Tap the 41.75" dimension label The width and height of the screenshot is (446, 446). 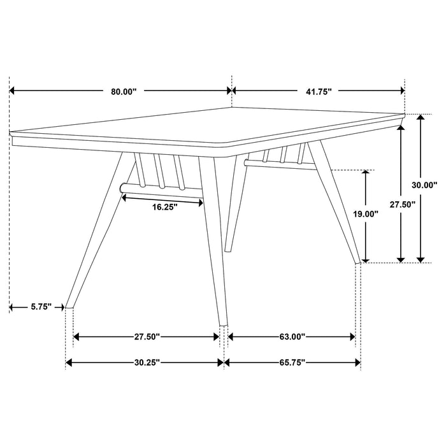[319, 92]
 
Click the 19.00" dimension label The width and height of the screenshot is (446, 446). [366, 215]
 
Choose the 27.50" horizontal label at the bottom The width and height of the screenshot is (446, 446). [147, 336]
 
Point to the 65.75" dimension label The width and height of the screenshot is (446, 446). [292, 363]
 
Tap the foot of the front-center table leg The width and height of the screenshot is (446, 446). [222, 324]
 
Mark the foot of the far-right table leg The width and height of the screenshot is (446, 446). [358, 261]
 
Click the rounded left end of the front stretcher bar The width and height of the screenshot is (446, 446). [121, 187]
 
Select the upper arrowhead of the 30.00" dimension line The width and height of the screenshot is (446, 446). [421, 119]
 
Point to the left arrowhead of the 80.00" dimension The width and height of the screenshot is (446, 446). [13, 92]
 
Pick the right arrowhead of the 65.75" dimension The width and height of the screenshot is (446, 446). [358, 363]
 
